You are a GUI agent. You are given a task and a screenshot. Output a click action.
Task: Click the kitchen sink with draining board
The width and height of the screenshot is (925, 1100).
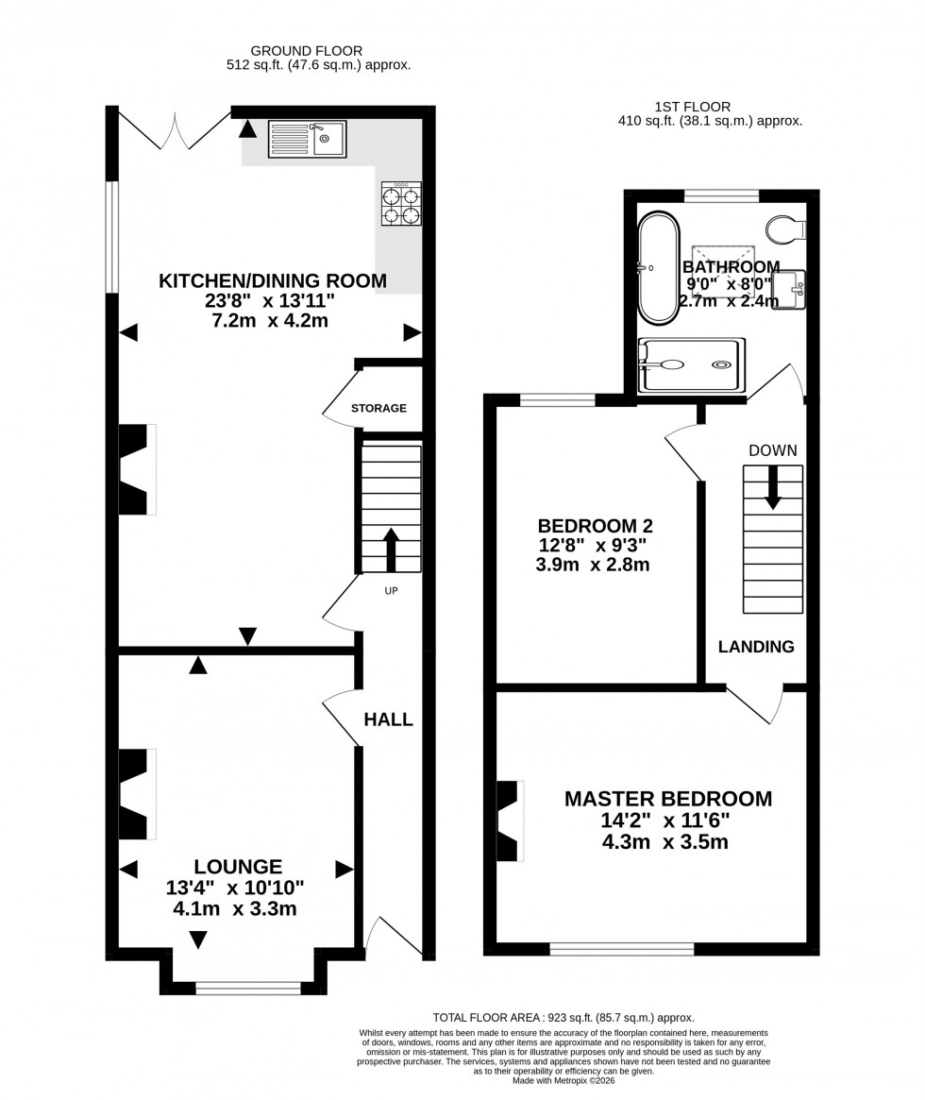307,139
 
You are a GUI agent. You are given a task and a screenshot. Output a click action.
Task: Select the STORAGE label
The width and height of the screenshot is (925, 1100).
378,409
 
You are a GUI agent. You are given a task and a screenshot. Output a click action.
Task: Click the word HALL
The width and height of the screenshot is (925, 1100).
389,719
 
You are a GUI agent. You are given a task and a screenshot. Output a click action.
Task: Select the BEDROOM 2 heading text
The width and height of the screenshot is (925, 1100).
595,526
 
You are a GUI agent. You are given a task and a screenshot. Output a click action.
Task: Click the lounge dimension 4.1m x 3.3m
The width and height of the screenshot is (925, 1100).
234,909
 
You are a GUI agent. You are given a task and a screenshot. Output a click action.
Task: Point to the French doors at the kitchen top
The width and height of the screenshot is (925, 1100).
176,129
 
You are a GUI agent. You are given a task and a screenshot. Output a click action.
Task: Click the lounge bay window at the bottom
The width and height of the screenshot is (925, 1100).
248,988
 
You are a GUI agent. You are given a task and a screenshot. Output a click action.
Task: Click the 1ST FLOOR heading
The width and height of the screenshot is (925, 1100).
692,107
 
